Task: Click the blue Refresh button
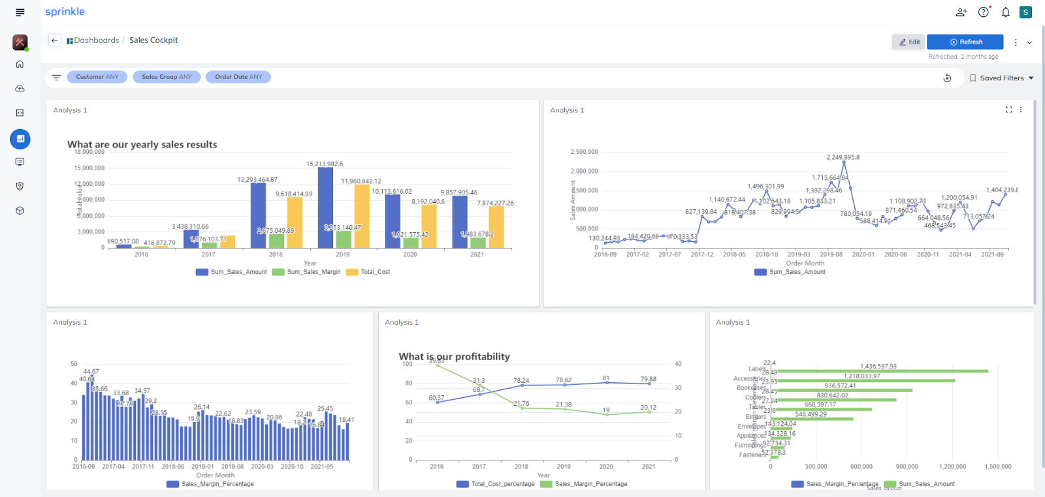[965, 42]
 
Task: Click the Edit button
[908, 42]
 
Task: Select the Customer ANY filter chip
[97, 77]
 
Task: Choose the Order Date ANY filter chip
[238, 77]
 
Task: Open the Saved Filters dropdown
[1001, 78]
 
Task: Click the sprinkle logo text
[65, 12]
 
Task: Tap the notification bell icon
[1005, 12]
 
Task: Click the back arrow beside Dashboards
[55, 40]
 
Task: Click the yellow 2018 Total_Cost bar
[295, 222]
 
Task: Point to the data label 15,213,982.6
[325, 164]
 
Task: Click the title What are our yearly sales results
[142, 145]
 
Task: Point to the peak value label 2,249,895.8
[843, 157]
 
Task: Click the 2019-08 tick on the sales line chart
[831, 254]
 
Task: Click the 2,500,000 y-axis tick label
[584, 152]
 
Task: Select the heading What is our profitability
[454, 357]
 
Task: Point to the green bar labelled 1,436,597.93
[882, 371]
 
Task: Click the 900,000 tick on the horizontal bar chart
[907, 466]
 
